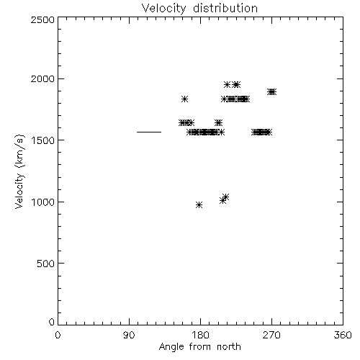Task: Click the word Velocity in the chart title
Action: [x=163, y=9]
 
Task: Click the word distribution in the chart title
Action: [x=225, y=8]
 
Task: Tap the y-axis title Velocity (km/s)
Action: [x=19, y=171]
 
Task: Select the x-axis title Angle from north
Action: [x=199, y=347]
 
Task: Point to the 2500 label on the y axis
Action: [x=42, y=19]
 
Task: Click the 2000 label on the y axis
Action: [x=42, y=78]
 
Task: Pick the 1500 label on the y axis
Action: [x=43, y=140]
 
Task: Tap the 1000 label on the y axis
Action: [x=43, y=202]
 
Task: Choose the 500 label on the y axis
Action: [x=45, y=264]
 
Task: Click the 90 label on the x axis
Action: [x=129, y=335]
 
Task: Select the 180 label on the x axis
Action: [x=200, y=335]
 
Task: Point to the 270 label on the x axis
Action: [x=271, y=335]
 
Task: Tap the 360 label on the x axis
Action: [x=343, y=335]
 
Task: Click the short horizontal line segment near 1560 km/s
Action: [x=149, y=132]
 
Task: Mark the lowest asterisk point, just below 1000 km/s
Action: [x=199, y=204]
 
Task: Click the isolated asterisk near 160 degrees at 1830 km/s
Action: [x=184, y=99]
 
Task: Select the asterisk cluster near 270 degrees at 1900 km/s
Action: [x=271, y=91]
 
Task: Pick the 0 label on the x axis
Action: [x=58, y=335]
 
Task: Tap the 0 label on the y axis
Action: [x=52, y=322]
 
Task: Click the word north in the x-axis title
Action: [x=229, y=347]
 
